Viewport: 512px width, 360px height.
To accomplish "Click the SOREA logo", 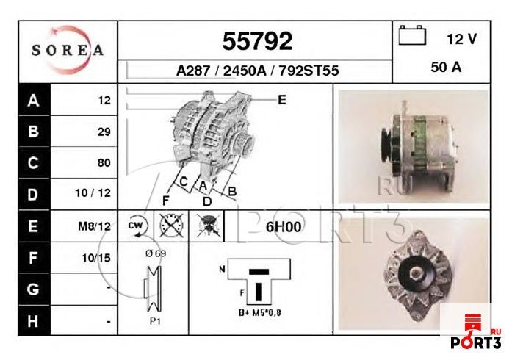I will [68, 51].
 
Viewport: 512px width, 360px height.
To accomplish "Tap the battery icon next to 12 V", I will [413, 35].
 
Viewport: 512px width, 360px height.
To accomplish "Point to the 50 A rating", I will [446, 67].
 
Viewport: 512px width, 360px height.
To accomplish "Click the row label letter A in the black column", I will [32, 101].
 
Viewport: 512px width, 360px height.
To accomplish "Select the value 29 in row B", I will [104, 132].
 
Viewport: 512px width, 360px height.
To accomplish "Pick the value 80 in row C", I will [104, 163].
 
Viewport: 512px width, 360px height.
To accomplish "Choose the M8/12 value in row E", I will [94, 226].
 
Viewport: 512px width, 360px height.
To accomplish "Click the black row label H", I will [32, 321].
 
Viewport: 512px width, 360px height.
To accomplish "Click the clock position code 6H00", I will [284, 226].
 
